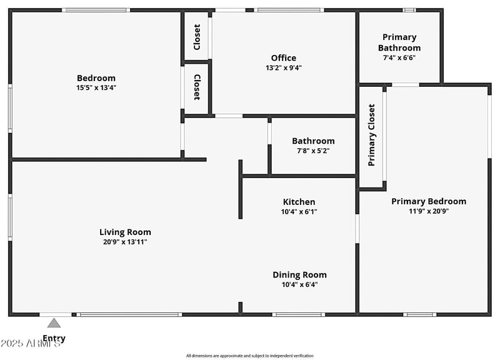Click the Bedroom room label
coord(96,78)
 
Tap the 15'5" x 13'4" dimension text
coord(96,87)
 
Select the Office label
coord(283,58)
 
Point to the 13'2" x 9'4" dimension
coord(283,67)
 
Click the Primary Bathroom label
coord(399,42)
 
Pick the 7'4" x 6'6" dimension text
coord(399,57)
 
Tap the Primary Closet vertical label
coord(372,135)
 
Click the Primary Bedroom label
coord(429,201)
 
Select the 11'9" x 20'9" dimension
coord(429,211)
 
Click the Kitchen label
coord(299,202)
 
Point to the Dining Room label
coord(299,275)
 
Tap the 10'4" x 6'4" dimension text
coord(299,284)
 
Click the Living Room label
coord(125,232)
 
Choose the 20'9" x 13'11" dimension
coord(125,242)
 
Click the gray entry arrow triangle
coord(54,323)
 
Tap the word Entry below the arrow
coord(54,339)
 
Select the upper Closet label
coord(197,37)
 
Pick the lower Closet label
coord(197,87)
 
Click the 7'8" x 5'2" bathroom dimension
coord(313,151)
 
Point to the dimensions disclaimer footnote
coord(250,356)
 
